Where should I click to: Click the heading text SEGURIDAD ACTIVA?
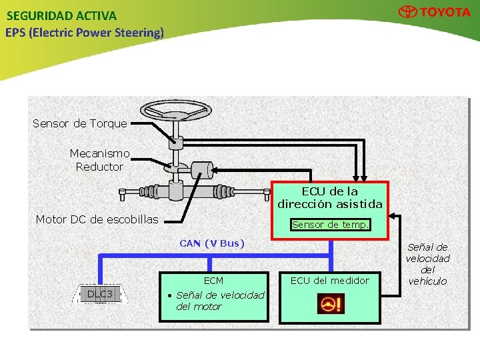[x=61, y=15]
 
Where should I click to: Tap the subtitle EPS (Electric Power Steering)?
[x=85, y=32]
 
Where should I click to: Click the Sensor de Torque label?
[x=79, y=123]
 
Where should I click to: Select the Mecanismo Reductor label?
[x=99, y=160]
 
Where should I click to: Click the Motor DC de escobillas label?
[x=97, y=219]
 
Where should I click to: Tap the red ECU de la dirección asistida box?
[x=330, y=197]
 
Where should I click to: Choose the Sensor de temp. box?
[x=330, y=225]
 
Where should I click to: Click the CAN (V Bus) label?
[x=212, y=243]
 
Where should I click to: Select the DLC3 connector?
[x=100, y=294]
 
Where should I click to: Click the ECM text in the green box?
[x=213, y=281]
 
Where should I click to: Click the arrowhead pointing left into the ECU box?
[x=394, y=216]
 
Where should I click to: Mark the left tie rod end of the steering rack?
[x=123, y=194]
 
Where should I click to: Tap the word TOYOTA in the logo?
[x=445, y=12]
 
